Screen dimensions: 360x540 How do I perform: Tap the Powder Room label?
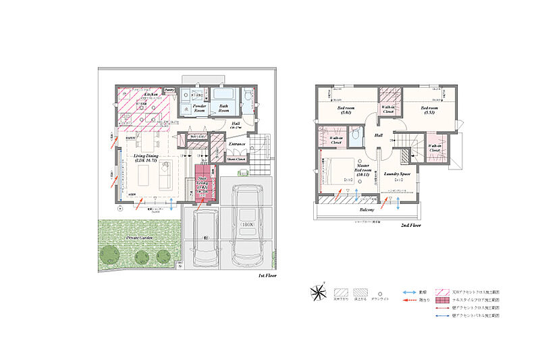click(x=199, y=108)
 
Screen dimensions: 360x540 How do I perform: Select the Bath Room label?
click(x=223, y=108)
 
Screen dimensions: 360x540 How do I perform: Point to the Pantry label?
click(x=169, y=89)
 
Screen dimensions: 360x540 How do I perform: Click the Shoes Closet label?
click(x=236, y=160)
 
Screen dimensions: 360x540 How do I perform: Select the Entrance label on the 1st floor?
click(x=236, y=144)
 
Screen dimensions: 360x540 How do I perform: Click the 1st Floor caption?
click(x=269, y=276)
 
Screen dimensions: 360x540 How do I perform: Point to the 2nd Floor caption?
click(x=410, y=226)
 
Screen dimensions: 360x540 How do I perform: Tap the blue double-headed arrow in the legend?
click(x=409, y=292)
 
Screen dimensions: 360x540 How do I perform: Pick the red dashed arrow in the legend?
click(x=409, y=300)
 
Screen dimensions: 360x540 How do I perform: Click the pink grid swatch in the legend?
click(x=443, y=300)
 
